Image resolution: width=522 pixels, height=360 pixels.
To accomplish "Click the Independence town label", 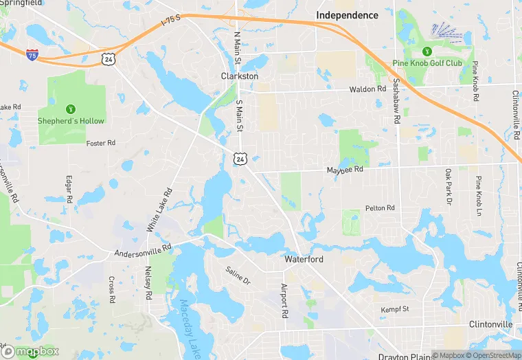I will click(347, 15).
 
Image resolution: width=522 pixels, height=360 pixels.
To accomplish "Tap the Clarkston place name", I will click(239, 76).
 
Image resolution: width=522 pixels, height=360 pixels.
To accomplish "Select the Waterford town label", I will click(304, 260).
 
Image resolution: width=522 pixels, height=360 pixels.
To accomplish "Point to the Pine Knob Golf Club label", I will click(427, 63).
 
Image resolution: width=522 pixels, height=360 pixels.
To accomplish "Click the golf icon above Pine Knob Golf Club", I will click(427, 51).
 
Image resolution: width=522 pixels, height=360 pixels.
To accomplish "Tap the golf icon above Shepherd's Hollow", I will click(70, 109).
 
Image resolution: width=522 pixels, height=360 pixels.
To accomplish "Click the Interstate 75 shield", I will click(32, 54).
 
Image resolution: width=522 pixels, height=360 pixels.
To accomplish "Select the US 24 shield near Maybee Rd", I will click(239, 159).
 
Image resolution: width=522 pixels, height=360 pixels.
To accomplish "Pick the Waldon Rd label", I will click(367, 89).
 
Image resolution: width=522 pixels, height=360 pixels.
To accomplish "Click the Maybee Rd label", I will click(344, 170).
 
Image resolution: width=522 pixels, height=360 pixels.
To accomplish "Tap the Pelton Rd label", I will click(380, 207).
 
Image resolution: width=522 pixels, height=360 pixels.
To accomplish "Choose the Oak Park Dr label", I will click(448, 187).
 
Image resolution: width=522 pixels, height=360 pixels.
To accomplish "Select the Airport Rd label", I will click(284, 301).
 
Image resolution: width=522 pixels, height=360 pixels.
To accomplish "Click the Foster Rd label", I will click(101, 143).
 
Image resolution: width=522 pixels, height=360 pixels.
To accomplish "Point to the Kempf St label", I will click(395, 310).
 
